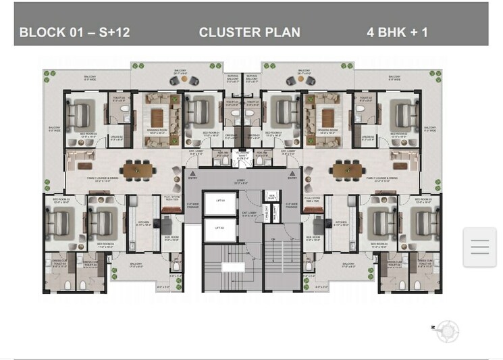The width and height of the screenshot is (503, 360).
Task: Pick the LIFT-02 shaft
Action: [219, 228]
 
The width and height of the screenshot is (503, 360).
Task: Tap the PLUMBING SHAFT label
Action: [243, 155]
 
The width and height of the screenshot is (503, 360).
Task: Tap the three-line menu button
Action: [479, 247]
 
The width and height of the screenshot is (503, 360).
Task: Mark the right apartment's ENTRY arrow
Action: [292, 174]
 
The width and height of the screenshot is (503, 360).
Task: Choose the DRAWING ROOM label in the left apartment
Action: [157, 131]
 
